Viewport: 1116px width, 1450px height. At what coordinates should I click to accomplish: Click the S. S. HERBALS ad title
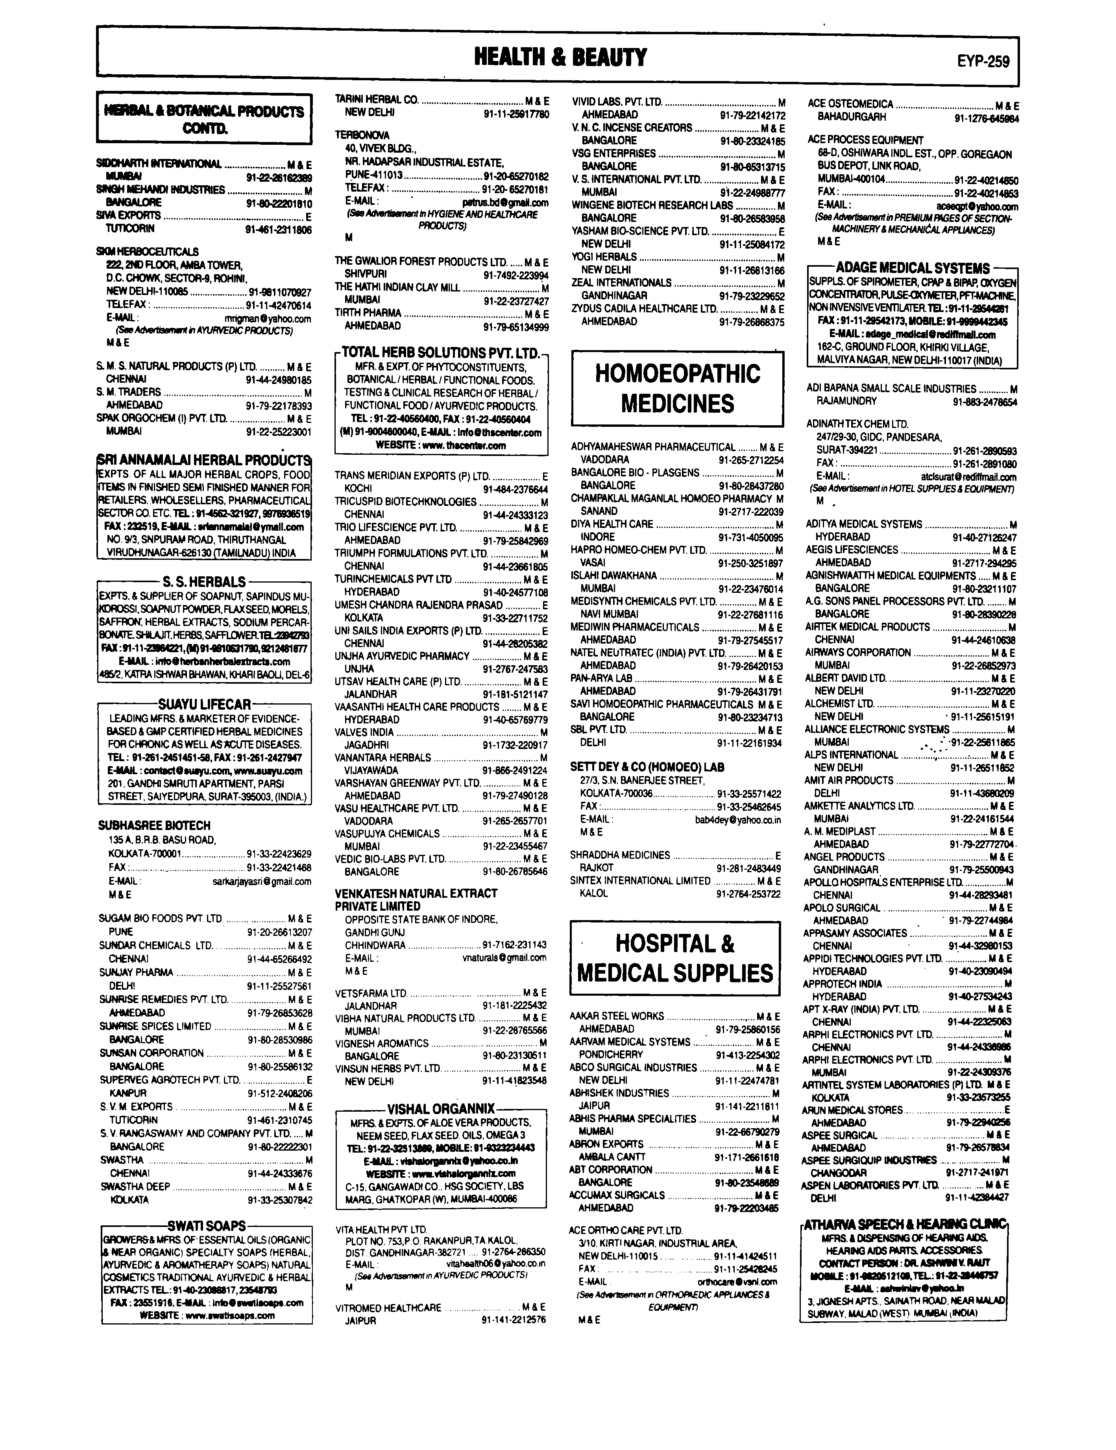pos(204,581)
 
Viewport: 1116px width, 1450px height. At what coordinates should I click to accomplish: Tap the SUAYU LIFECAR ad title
pos(204,704)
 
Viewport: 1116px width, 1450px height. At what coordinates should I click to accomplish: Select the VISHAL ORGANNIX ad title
pos(441,1109)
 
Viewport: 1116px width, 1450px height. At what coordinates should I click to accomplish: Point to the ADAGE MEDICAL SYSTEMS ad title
pos(912,268)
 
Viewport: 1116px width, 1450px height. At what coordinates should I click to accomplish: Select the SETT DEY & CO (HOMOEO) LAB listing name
pos(647,767)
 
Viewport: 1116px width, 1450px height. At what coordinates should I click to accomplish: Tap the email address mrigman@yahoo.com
pos(268,319)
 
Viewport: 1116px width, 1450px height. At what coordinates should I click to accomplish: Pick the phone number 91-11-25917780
pos(516,114)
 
